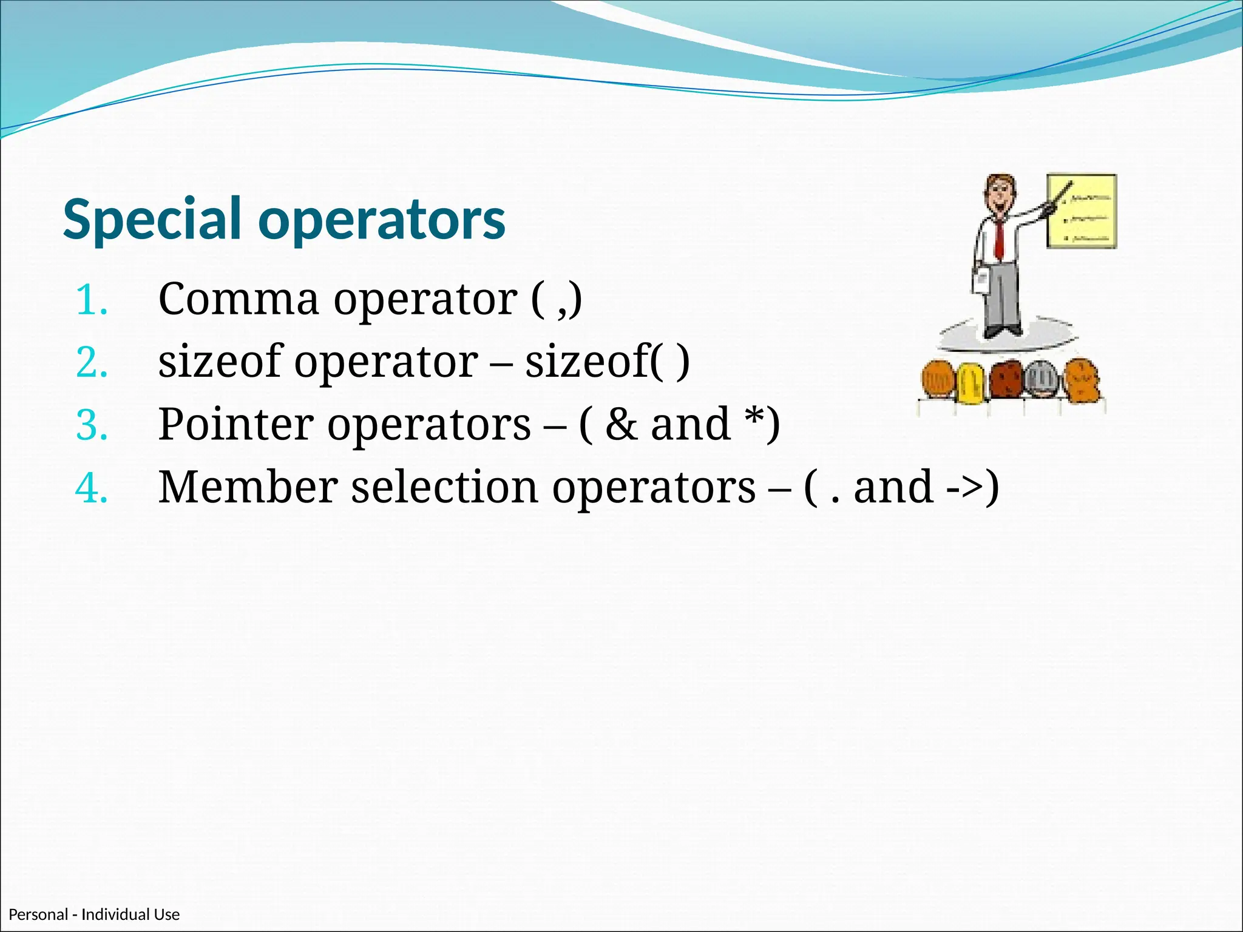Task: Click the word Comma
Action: [x=238, y=300]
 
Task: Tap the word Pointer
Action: [x=235, y=425]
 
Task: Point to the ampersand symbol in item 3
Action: [x=621, y=425]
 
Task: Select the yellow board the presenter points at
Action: [x=1082, y=211]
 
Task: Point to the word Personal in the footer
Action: [x=38, y=914]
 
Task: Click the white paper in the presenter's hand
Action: [x=980, y=282]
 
